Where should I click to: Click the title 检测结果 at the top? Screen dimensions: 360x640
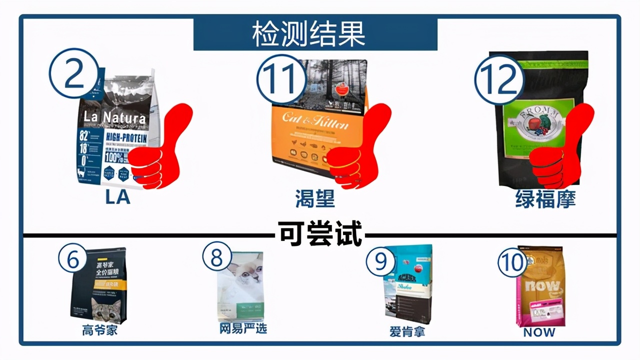pos(315,34)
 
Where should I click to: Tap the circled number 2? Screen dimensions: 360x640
pos(73,73)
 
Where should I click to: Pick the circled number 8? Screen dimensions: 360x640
pos(216,258)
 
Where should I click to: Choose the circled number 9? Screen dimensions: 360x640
pos(381,261)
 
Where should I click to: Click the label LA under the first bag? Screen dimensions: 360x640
pos(117,197)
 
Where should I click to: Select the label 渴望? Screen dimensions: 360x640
pos(315,199)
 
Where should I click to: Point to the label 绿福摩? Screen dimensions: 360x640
pos(545,199)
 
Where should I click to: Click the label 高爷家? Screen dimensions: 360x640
pos(99,330)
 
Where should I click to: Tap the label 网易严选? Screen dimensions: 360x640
pos(243,328)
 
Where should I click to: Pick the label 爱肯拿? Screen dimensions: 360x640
pos(407,331)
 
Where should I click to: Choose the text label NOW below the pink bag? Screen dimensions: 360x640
pos(539,332)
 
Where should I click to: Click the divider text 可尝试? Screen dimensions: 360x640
pos(320,234)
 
